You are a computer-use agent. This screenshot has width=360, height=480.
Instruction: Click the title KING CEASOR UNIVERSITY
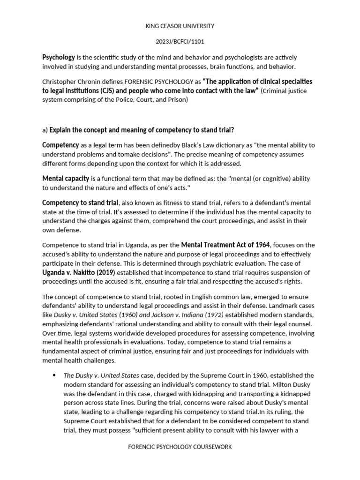(180, 26)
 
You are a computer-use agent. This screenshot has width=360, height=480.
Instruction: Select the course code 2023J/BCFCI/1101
(180, 41)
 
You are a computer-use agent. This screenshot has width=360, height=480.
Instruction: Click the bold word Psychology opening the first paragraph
(59, 57)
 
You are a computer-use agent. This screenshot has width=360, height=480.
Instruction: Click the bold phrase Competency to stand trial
(80, 203)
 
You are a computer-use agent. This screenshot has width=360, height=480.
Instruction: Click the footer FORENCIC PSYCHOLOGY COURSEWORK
(180, 447)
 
